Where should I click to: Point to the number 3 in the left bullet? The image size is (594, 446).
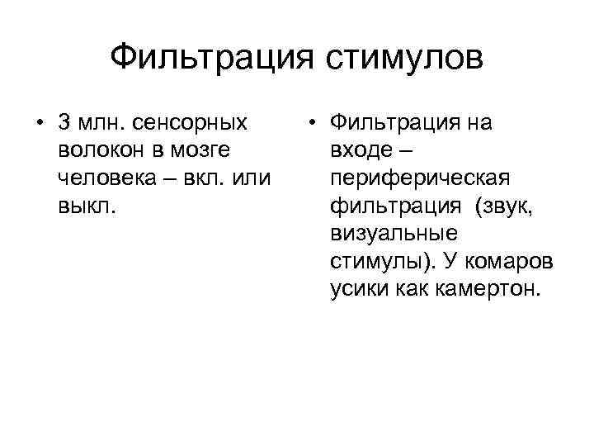[x=65, y=124]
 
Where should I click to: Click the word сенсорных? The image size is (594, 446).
[x=191, y=124]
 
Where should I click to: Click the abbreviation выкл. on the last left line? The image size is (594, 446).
[x=87, y=206]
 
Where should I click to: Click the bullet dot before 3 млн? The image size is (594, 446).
[x=40, y=124]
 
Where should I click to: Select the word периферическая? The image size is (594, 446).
[x=420, y=178]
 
